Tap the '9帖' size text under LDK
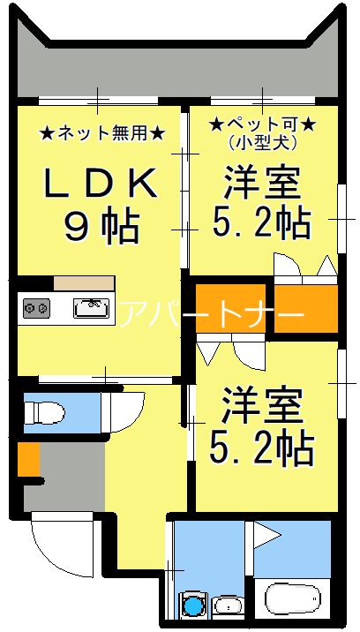(101, 227)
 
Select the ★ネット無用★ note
(101, 133)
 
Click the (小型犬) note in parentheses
(259, 139)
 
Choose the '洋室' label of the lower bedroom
(262, 407)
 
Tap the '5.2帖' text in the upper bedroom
(262, 223)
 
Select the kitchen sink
(91, 308)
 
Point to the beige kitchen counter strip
(83, 283)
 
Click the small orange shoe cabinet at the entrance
(28, 459)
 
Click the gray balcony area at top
(176, 66)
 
